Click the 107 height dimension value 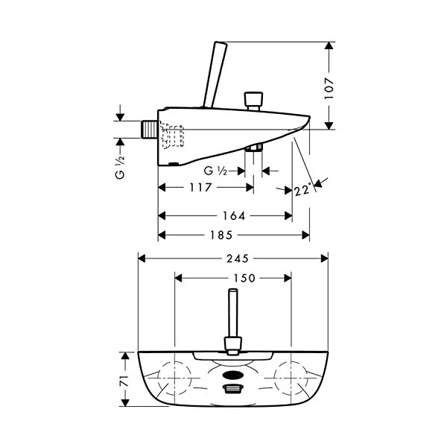pos(329,89)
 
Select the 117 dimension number pos(201,187)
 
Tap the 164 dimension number pos(234,216)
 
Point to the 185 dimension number pos(221,235)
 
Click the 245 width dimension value pos(238,259)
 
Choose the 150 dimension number pos(244,278)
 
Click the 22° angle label pos(302,190)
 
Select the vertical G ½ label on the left pos(120,167)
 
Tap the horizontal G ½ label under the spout pos(215,171)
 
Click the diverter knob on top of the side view pos(253,101)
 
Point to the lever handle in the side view pos(215,74)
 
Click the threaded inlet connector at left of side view pos(150,130)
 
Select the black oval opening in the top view pos(233,375)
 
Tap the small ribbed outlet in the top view pos(233,389)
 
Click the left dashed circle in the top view pos(175,378)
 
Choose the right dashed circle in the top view pos(291,378)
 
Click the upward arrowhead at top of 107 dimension pos(329,46)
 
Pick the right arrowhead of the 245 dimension pos(324,259)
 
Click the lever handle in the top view pos(233,322)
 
